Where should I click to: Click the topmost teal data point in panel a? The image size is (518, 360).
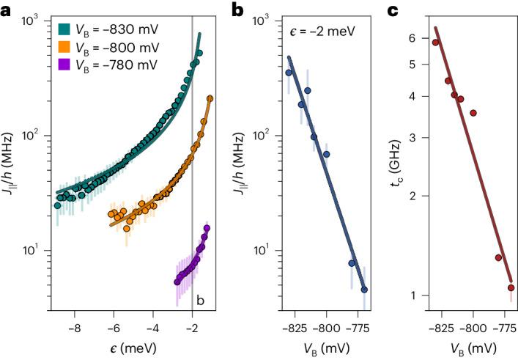[x=199, y=54]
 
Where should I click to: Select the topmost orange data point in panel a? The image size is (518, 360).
[x=210, y=98]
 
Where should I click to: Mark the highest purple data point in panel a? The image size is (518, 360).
[x=207, y=228]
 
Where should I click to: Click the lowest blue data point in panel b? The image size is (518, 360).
[x=364, y=290]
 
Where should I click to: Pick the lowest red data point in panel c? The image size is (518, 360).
[x=511, y=287]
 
